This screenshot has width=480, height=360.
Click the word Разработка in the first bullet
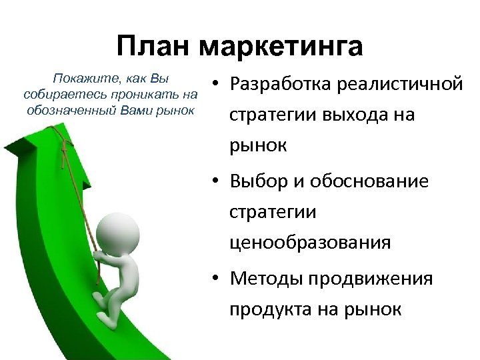pyautogui.click(x=281, y=85)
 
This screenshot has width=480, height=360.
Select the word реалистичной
pyautogui.click(x=400, y=85)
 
